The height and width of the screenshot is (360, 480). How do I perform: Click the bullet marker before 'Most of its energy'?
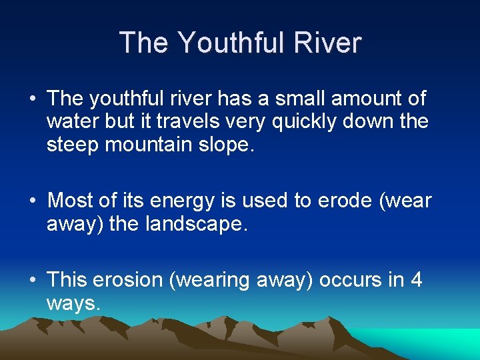[32, 201]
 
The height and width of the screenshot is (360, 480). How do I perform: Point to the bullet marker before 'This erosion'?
[32, 281]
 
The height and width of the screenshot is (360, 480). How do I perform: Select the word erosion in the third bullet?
[129, 280]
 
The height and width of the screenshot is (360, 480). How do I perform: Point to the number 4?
[416, 280]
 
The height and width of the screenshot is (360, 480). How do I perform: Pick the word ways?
[73, 304]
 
